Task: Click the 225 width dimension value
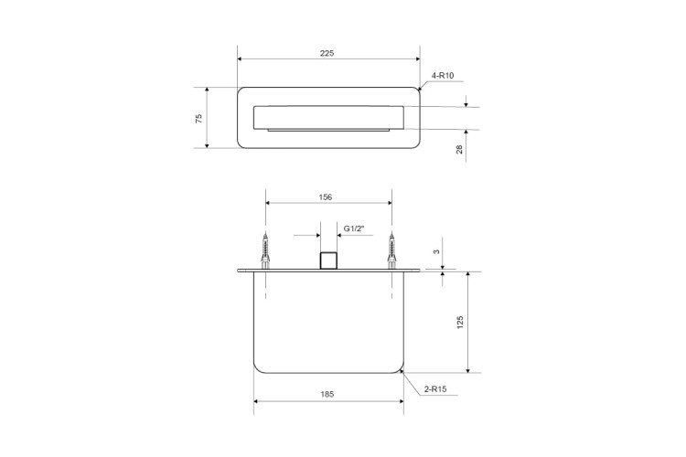point(327,53)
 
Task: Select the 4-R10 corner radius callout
point(443,76)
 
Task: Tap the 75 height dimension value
point(199,118)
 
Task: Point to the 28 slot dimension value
point(459,150)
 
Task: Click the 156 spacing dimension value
point(325,197)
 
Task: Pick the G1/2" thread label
point(354,228)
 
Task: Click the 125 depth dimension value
point(460,323)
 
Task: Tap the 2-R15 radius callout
point(435,389)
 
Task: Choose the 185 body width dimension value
point(327,395)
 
